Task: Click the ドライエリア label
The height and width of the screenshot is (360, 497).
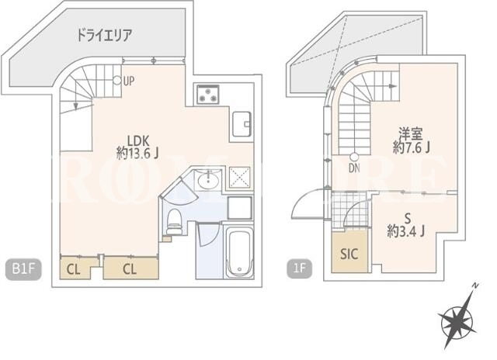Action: tap(104, 35)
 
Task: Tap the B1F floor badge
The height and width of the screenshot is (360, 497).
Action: tap(23, 269)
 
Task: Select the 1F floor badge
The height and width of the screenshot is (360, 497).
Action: tap(299, 268)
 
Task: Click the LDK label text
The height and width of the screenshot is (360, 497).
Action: tap(138, 140)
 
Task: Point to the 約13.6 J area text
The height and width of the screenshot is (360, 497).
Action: tap(137, 154)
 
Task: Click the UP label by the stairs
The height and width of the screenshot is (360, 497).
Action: tap(129, 81)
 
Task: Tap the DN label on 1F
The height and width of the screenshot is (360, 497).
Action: tap(354, 168)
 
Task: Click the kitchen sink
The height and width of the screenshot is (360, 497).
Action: tap(242, 124)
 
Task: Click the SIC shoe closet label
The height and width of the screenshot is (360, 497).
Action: tap(349, 254)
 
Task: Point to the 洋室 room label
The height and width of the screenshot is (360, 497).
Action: tap(411, 133)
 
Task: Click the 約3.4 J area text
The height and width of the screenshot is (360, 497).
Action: tap(405, 232)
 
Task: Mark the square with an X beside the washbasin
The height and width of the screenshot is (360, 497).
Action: tap(240, 178)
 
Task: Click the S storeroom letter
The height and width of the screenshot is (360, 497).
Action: tap(408, 219)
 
